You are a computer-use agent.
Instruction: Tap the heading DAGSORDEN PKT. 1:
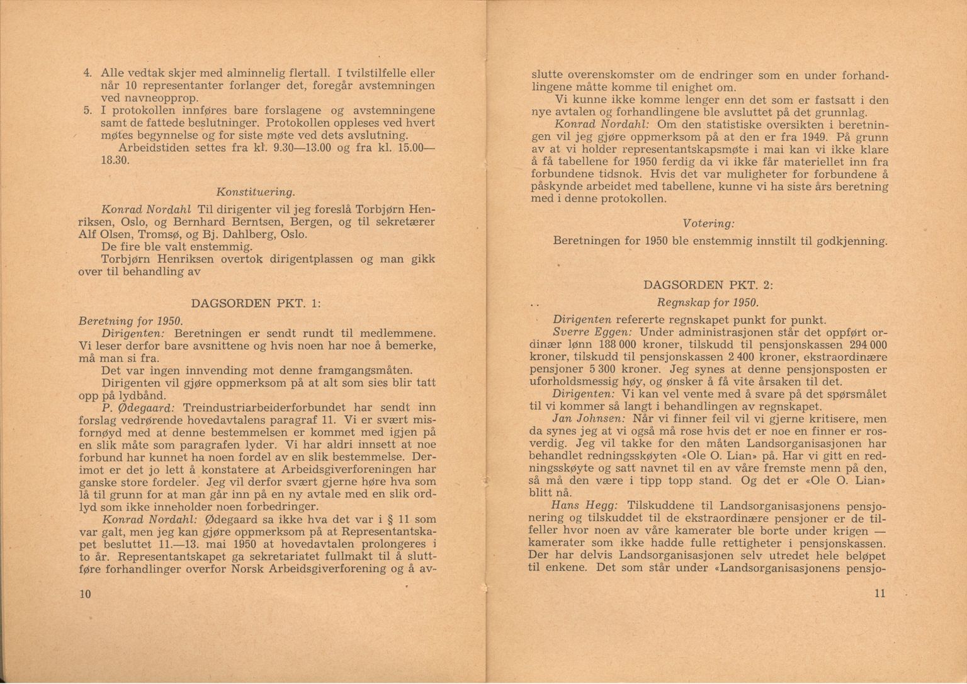point(257,304)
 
